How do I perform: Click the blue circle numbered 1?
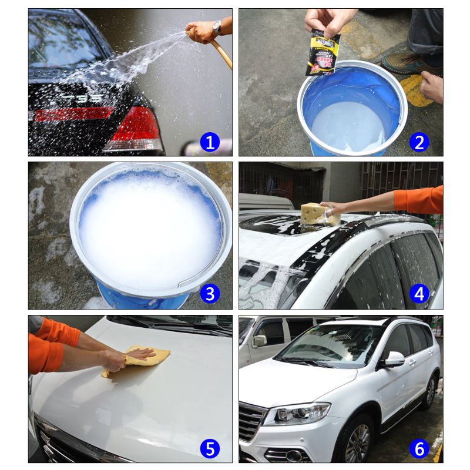pos(210,141)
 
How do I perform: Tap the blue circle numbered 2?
pos(419,141)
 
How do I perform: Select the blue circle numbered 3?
pos(210,293)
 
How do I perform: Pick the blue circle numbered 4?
pos(419,294)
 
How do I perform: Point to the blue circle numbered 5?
pos(210,449)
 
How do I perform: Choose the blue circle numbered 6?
pos(419,449)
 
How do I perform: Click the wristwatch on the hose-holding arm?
pos(217,26)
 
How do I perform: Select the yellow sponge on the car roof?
pos(319,213)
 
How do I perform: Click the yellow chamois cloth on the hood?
pos(136,359)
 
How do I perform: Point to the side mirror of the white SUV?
pos(393,359)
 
